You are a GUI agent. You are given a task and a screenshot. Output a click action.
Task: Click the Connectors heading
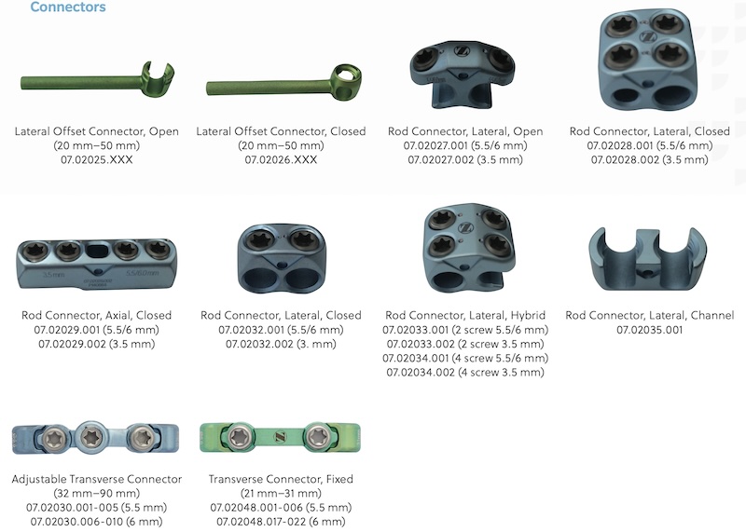(x=67, y=7)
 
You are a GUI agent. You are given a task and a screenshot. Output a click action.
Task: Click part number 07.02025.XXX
(x=97, y=159)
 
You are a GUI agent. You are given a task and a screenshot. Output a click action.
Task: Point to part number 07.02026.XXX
(x=281, y=159)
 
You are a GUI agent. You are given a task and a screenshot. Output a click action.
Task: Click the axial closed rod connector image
(x=97, y=265)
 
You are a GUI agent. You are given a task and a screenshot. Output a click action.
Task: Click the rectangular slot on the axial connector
(x=98, y=250)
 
